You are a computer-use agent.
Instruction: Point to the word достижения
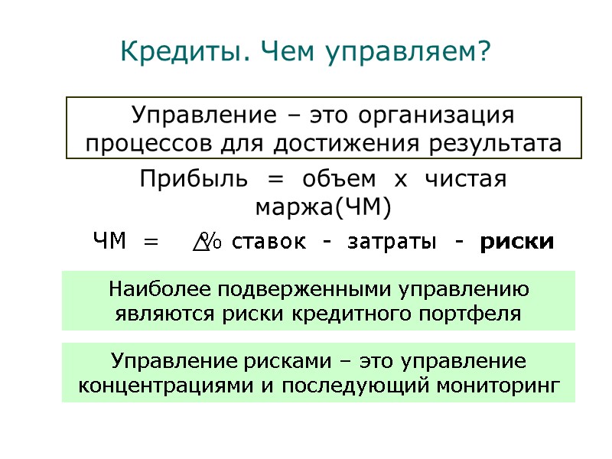[360, 143]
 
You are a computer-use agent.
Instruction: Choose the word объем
[338, 180]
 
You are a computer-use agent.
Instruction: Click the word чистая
[467, 180]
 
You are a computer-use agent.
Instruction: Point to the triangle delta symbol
[200, 244]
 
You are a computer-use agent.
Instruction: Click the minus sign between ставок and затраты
[327, 243]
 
